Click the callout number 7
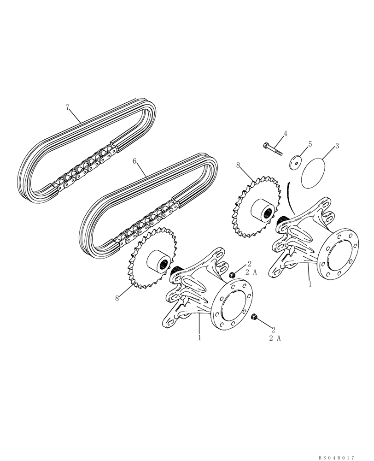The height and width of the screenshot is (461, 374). pos(67,107)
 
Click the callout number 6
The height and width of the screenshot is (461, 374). pos(134,161)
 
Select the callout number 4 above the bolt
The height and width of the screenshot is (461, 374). pos(285,134)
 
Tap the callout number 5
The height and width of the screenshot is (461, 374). pos(310,144)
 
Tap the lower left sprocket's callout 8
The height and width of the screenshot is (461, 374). pos(117,298)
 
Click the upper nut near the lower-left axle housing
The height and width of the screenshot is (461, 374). pos(234,275)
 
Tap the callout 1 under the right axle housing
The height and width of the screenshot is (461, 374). pos(310,284)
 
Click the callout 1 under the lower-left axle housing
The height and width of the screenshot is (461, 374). pos(199,337)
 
